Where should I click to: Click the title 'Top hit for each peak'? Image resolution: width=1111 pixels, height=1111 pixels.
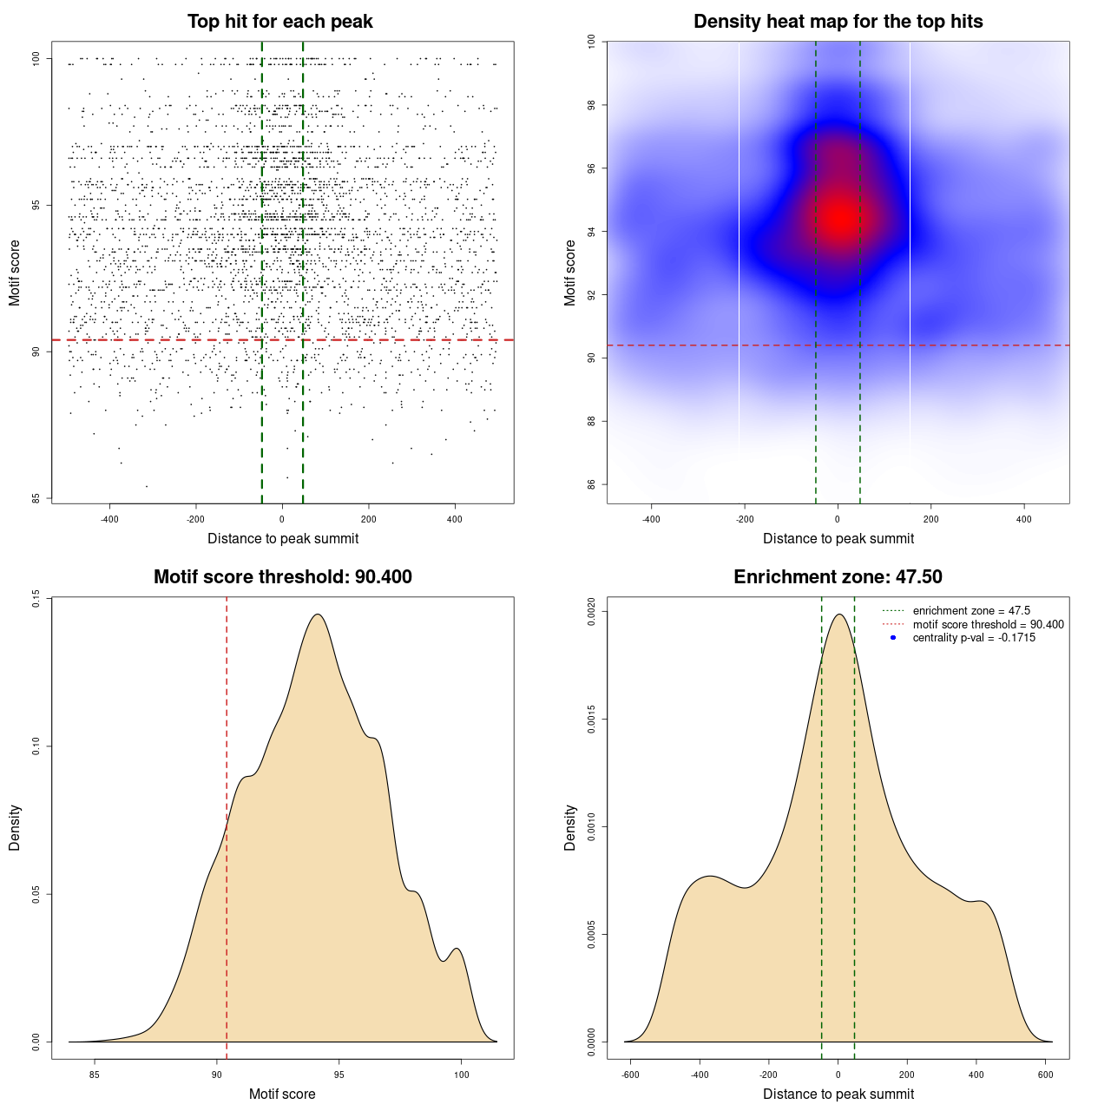click(x=279, y=22)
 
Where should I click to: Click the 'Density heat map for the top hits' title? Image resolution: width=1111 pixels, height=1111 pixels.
click(x=838, y=22)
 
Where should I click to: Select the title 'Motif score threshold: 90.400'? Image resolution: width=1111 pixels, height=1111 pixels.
click(x=282, y=577)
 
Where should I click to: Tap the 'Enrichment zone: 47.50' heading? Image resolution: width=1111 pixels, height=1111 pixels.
click(x=838, y=577)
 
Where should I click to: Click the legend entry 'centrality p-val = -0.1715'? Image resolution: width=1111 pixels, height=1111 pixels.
click(x=974, y=638)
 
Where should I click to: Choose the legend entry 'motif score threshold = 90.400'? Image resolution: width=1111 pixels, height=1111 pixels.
click(x=988, y=625)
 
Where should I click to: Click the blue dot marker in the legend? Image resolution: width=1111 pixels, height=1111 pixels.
click(x=893, y=638)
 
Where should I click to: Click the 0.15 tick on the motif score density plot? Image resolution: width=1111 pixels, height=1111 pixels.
click(x=36, y=599)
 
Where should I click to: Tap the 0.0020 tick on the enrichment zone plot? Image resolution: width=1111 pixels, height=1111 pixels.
click(x=592, y=612)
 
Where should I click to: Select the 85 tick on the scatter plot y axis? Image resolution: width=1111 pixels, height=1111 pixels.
click(x=36, y=498)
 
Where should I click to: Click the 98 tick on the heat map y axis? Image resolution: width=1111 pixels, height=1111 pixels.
click(x=592, y=105)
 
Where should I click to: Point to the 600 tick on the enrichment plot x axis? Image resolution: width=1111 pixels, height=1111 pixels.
click(x=1045, y=1075)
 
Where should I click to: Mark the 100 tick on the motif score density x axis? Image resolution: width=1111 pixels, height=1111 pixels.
click(x=461, y=1075)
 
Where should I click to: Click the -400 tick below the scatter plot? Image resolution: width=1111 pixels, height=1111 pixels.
click(x=109, y=519)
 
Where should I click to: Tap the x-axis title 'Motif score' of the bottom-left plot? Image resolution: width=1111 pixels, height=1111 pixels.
click(x=282, y=1094)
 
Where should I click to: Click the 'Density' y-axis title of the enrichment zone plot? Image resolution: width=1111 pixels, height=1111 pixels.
click(x=570, y=827)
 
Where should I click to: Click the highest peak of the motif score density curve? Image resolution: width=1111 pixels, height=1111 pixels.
click(x=318, y=615)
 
